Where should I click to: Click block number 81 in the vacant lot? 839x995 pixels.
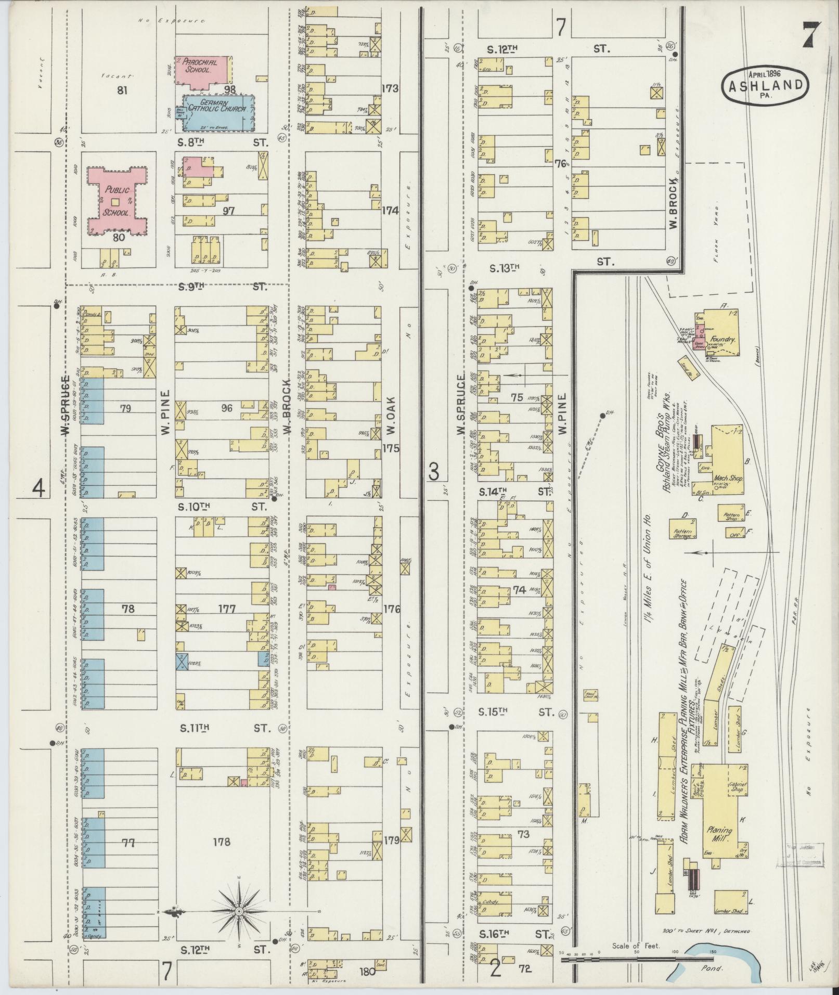pos(123,91)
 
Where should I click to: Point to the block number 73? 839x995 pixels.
pos(523,834)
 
